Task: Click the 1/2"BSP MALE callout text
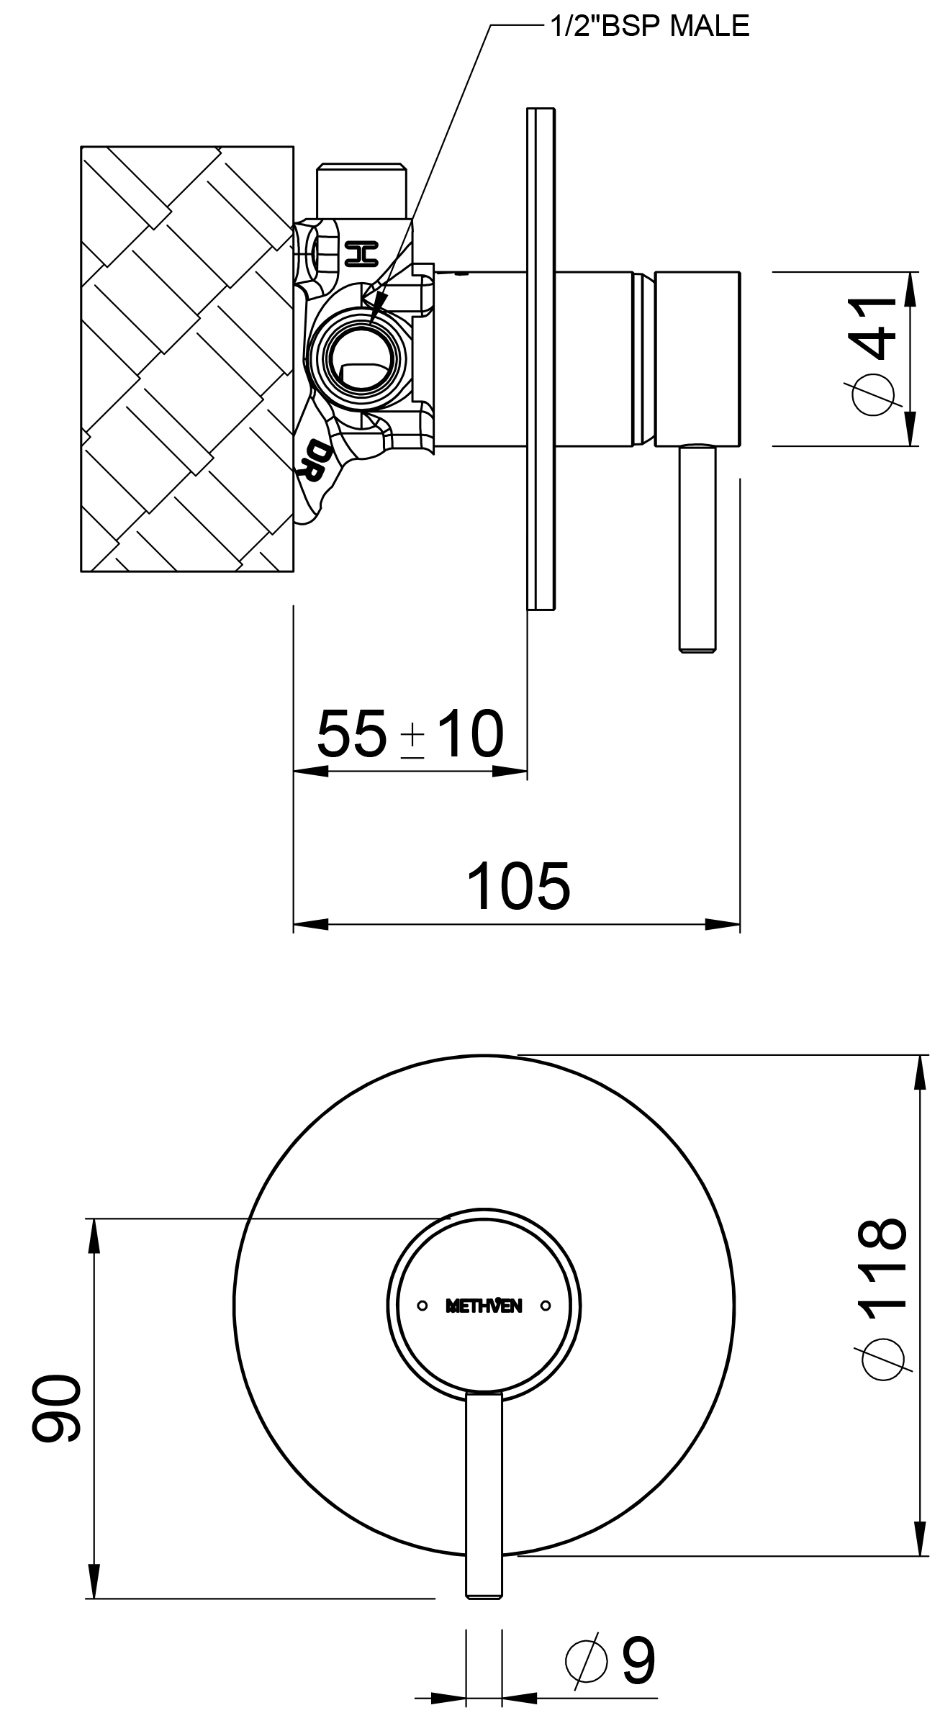pos(649,26)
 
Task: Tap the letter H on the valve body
pos(361,253)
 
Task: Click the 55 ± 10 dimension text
pos(410,733)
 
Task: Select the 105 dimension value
pos(518,885)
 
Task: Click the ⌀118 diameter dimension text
pos(881,1298)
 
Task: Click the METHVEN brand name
pos(484,1305)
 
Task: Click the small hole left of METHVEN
pos(422,1305)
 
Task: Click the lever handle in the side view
pos(698,548)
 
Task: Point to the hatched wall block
pos(187,359)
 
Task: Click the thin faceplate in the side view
pos(541,359)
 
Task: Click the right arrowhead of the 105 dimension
pos(722,924)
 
